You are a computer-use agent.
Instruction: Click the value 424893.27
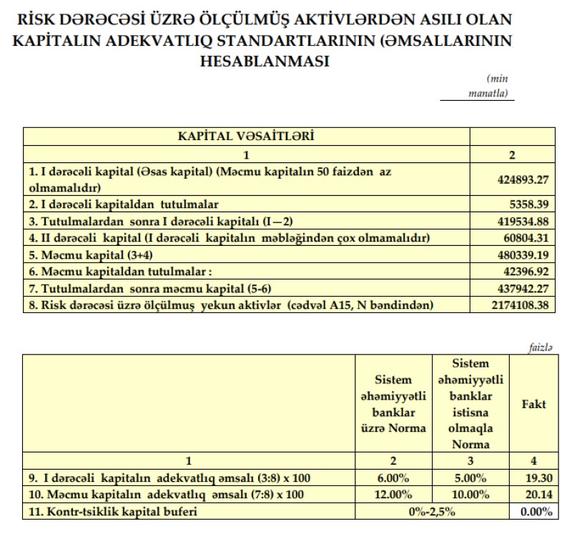tap(523, 180)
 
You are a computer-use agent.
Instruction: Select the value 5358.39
tap(529, 204)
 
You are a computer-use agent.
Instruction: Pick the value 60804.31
tap(526, 237)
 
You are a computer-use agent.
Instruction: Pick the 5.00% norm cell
tap(470, 477)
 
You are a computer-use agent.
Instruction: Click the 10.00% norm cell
tap(470, 494)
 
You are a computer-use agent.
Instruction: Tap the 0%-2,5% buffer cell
tap(431, 511)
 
